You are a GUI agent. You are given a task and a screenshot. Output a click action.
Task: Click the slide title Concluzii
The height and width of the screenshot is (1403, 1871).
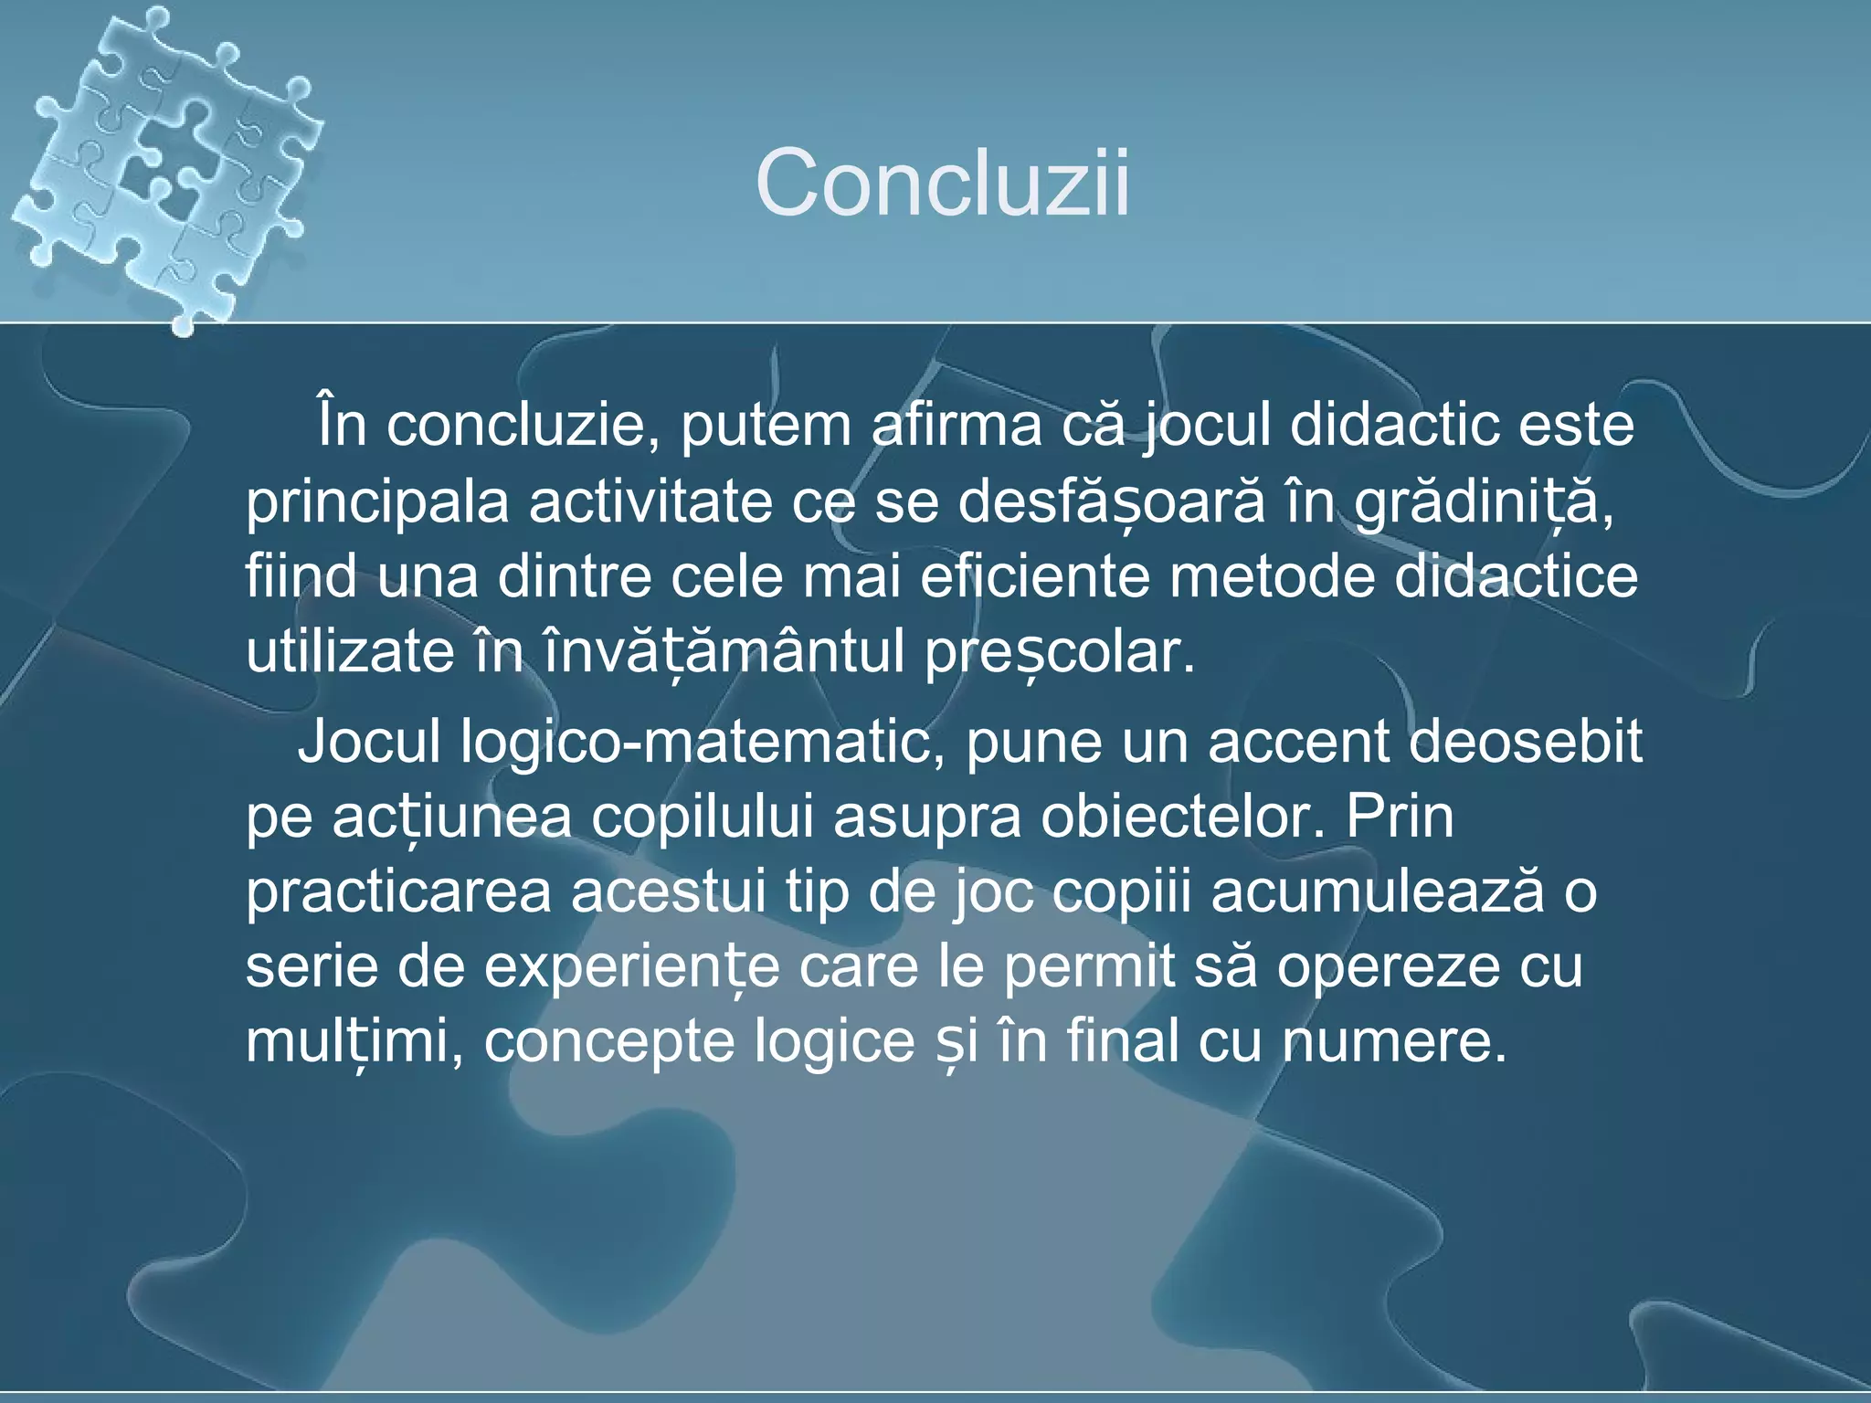point(942,183)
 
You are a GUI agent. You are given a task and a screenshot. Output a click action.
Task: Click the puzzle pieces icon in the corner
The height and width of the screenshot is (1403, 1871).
point(164,164)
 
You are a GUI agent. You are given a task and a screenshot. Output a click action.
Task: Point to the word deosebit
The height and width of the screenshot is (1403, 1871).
point(1524,742)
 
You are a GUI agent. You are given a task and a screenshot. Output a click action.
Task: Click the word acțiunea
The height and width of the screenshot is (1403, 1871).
point(451,817)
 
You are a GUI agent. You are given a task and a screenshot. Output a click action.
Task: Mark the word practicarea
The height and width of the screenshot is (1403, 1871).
point(398,891)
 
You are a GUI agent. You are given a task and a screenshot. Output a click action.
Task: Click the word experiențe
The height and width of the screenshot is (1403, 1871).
point(630,966)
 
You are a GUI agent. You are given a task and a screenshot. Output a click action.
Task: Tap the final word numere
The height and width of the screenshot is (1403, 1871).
point(1392,1041)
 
